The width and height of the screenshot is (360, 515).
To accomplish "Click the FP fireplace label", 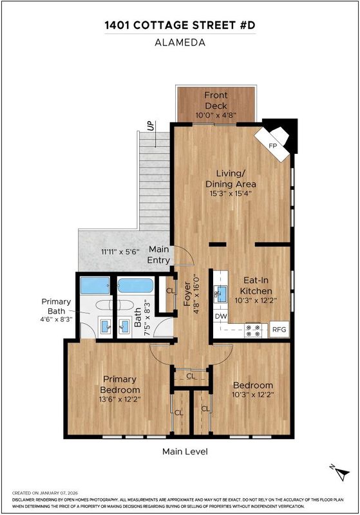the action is [x=273, y=146].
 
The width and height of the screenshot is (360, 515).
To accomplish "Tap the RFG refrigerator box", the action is [x=279, y=329].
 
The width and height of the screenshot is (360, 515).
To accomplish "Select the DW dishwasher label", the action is [x=221, y=316].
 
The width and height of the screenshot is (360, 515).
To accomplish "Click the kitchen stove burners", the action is [x=253, y=330].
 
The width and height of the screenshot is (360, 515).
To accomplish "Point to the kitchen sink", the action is [x=221, y=294].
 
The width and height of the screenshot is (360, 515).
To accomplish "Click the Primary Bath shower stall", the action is [x=95, y=285].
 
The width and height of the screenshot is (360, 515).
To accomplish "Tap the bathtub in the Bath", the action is [x=135, y=286].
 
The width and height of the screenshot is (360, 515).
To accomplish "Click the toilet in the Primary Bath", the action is [x=104, y=304].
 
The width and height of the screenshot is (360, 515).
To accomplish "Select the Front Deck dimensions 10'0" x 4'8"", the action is [x=216, y=115].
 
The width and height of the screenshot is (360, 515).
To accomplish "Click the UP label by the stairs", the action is [x=151, y=126].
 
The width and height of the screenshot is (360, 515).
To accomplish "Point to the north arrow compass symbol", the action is [x=340, y=473].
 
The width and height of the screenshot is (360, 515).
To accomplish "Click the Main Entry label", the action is [x=158, y=254].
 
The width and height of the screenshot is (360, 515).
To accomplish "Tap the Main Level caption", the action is [x=185, y=451].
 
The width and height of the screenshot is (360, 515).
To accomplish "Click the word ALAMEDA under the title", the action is [x=180, y=42].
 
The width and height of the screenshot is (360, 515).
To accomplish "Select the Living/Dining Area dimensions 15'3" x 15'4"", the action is [x=231, y=193].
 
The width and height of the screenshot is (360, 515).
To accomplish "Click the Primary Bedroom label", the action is [x=120, y=384].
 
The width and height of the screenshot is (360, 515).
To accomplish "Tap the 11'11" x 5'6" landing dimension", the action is [x=120, y=252].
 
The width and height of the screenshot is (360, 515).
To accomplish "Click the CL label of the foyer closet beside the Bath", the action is [x=171, y=291].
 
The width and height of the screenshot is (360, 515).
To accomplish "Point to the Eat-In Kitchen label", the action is [x=256, y=285].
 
